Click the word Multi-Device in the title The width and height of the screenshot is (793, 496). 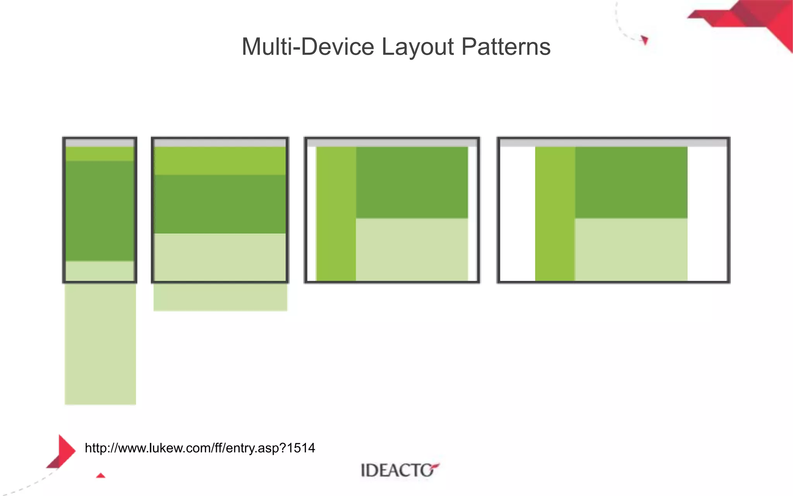point(308,47)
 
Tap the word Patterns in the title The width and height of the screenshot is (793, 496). point(506,47)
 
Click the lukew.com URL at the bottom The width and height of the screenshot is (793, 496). point(200,448)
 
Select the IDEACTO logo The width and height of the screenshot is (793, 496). point(399,470)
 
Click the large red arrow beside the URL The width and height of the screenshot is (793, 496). point(64,451)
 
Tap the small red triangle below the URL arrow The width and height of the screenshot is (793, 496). point(101,475)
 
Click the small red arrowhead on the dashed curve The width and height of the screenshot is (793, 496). point(645,40)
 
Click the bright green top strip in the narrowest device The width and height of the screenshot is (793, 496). point(100,154)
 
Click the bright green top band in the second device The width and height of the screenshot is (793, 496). point(220,161)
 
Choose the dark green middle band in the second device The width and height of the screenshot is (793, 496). point(220,204)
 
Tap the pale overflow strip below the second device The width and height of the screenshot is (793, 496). point(220,297)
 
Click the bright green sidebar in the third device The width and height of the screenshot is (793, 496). point(336,213)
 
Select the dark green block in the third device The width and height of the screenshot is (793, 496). point(412,182)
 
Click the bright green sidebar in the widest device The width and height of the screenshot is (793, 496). point(555,213)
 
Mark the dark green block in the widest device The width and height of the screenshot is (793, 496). point(631,182)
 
